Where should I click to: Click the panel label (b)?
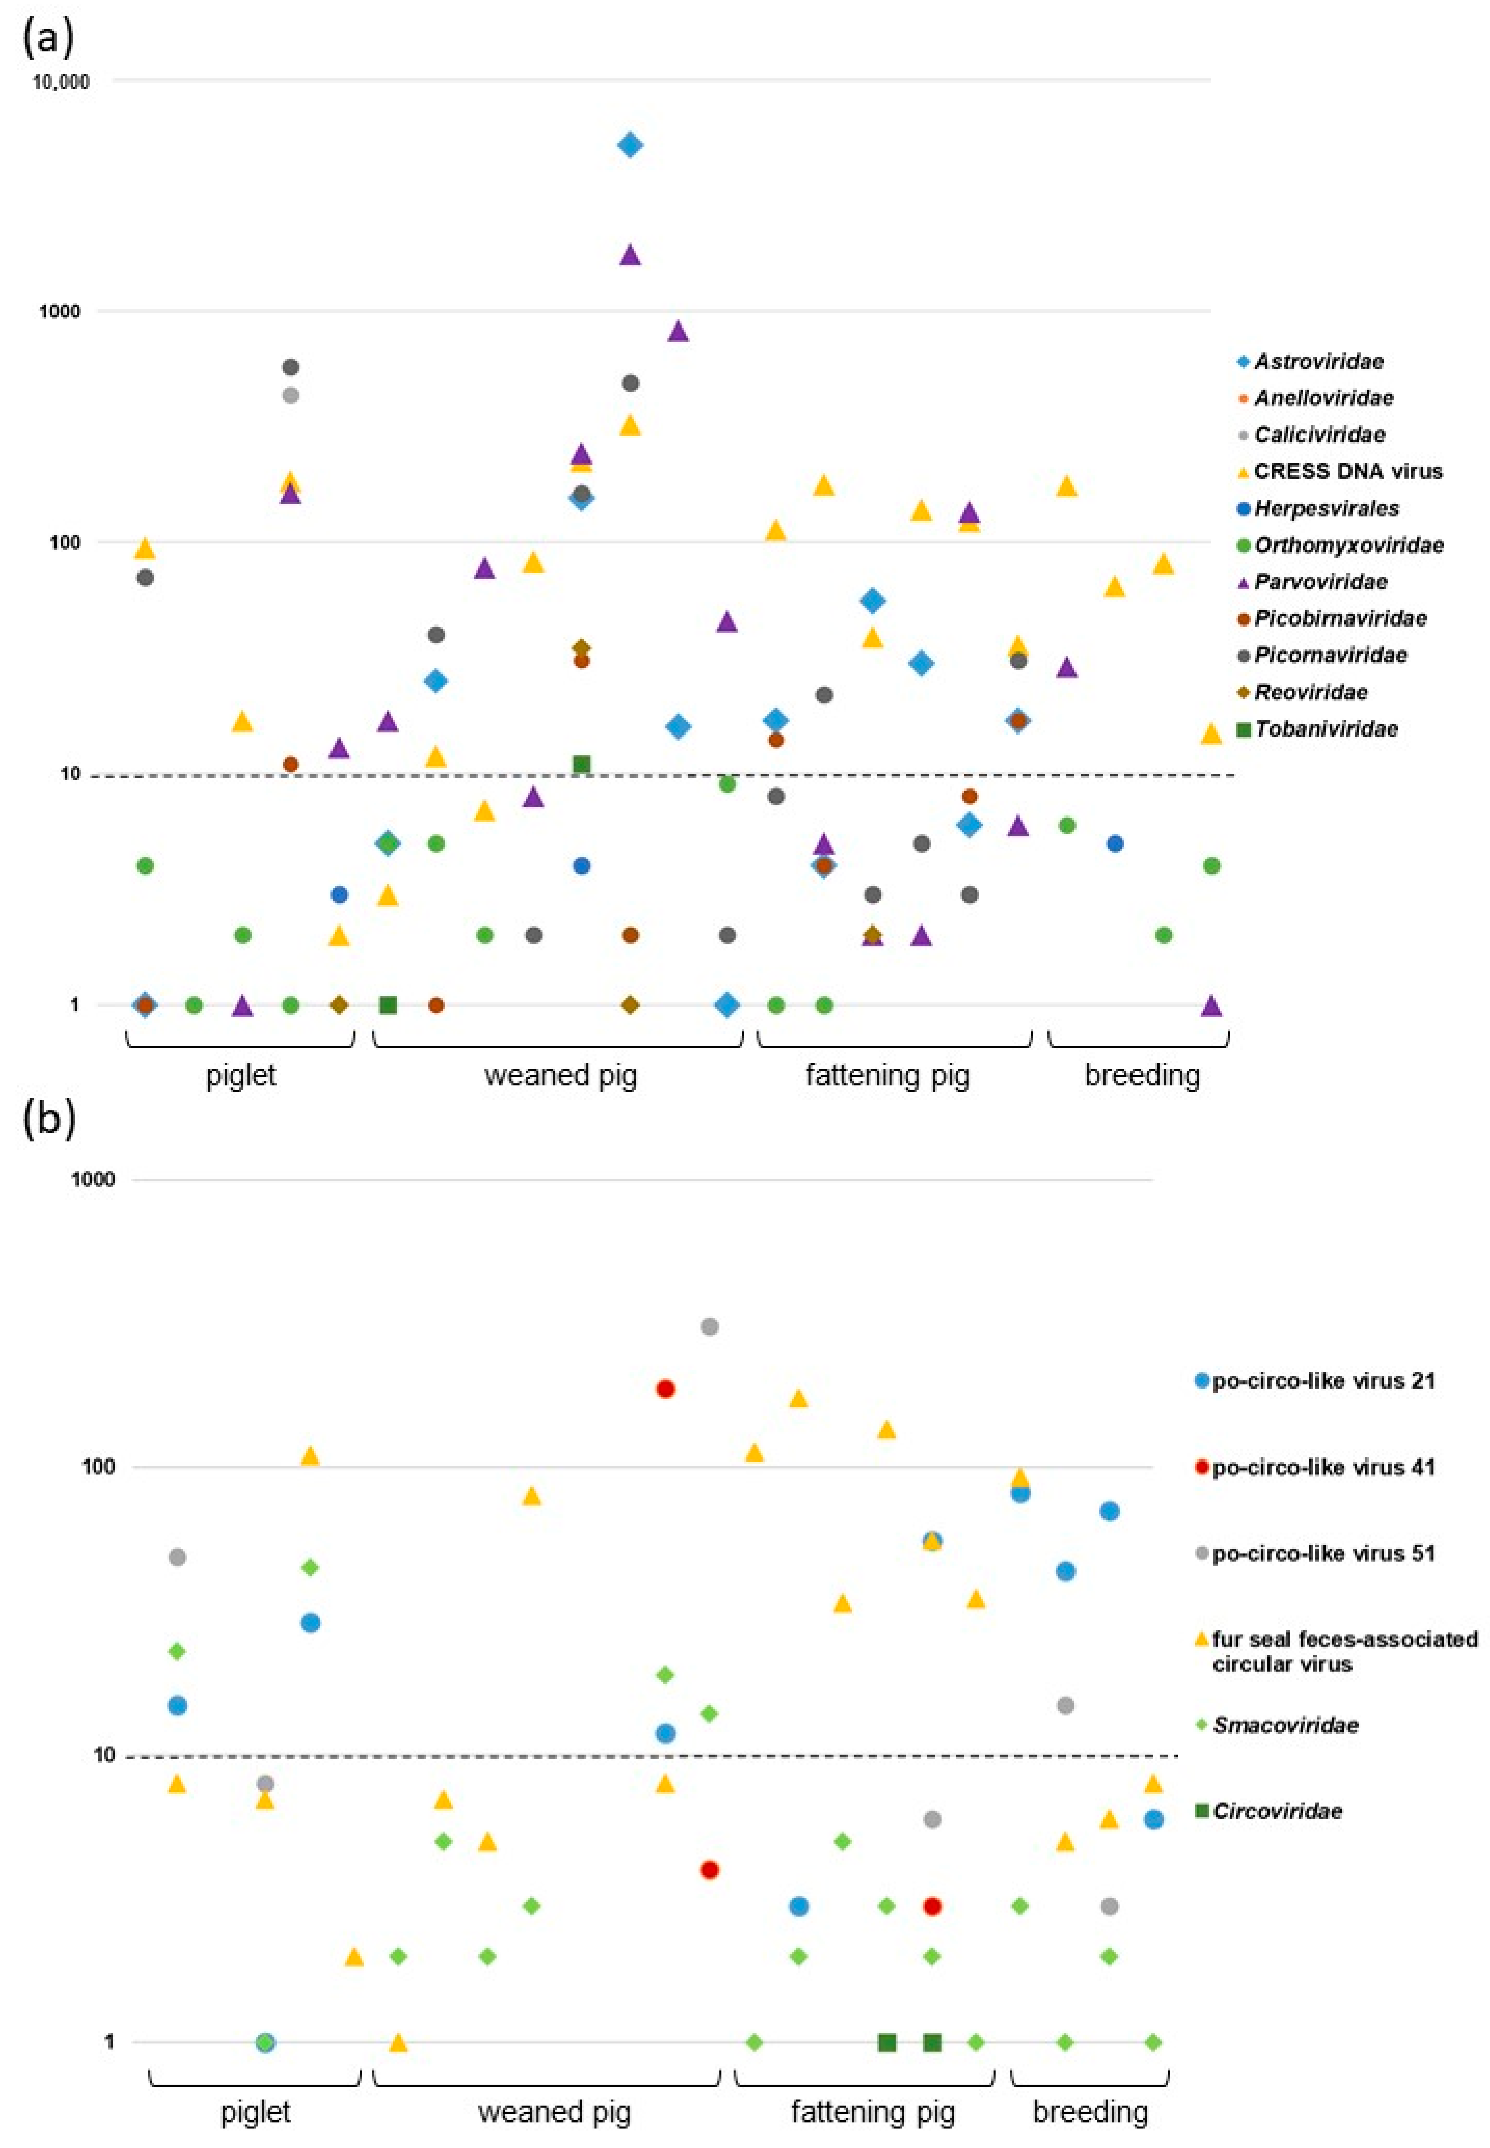coord(48,1118)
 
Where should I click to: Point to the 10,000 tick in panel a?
coord(61,82)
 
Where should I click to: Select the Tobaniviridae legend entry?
coord(1325,728)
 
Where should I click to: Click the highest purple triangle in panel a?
coord(630,254)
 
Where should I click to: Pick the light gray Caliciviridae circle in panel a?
coord(290,395)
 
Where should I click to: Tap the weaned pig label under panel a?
coord(560,1075)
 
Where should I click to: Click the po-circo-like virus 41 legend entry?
coord(1322,1467)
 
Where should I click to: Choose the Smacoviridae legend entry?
coord(1285,1725)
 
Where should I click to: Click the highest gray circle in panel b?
coord(709,1326)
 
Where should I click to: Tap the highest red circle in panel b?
coord(666,1389)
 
